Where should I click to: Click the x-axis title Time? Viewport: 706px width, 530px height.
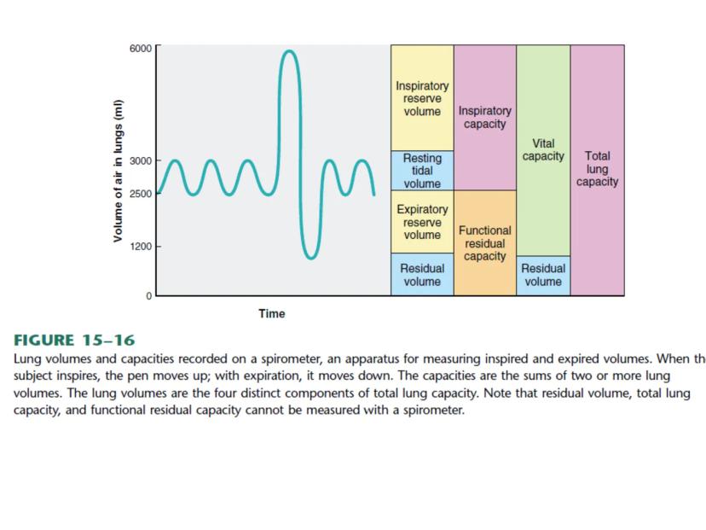coord(271,314)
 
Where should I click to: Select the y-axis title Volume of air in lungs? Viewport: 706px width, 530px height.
coord(108,170)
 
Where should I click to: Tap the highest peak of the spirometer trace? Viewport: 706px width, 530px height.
coord(290,51)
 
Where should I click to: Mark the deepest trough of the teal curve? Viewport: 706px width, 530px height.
coord(310,257)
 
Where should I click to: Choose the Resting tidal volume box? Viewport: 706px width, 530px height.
coord(422,171)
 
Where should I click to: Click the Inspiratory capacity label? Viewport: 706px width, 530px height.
coord(485,117)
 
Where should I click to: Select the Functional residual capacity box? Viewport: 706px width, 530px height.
coord(485,243)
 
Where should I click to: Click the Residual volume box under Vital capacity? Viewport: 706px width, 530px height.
coord(543,275)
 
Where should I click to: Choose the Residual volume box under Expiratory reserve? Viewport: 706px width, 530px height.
coord(422,275)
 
